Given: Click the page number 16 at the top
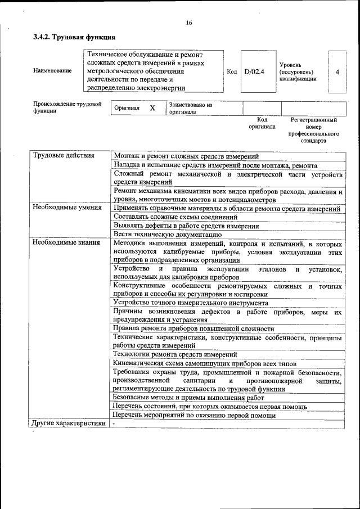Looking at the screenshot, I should (x=189, y=22).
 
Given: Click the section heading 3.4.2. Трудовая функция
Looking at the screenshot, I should (x=74, y=37).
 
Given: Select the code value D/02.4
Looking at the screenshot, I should (x=254, y=72).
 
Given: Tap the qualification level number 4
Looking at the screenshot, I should (x=337, y=72).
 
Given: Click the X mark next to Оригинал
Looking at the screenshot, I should (x=152, y=108).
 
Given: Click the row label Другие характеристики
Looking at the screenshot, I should (x=69, y=424).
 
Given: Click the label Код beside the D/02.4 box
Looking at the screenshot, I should (x=232, y=72).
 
